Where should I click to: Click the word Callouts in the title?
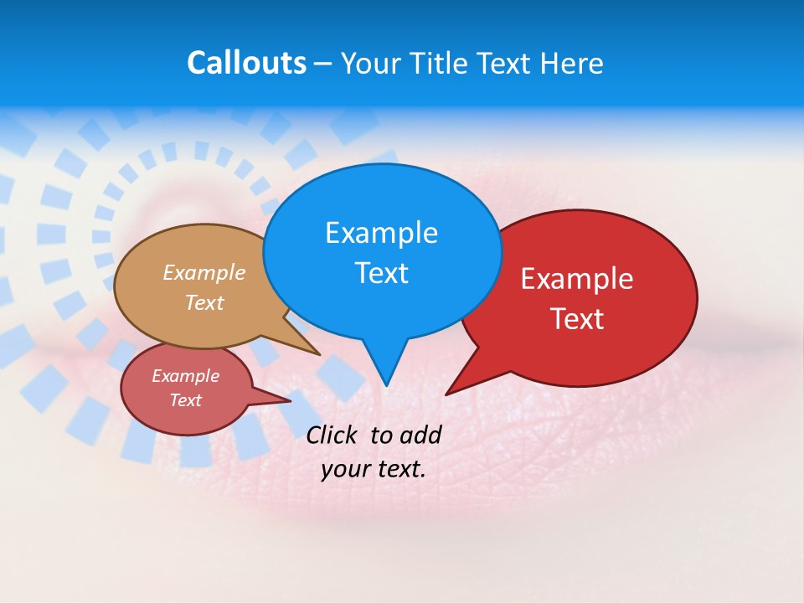tap(246, 63)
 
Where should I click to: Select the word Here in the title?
tap(571, 63)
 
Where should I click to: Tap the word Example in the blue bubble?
tap(381, 233)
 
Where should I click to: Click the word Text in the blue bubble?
tap(381, 273)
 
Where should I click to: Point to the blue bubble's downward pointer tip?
tap(386, 385)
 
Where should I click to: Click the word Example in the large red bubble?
tap(577, 279)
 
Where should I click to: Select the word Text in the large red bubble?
tap(577, 319)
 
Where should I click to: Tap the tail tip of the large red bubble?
tap(446, 394)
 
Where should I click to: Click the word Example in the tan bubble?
tap(204, 273)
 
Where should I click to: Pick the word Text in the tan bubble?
tap(204, 302)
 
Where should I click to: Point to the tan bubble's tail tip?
tap(319, 355)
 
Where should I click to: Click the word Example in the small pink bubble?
tap(185, 376)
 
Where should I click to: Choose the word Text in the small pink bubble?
tap(185, 400)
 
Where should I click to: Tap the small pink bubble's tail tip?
tap(290, 400)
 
